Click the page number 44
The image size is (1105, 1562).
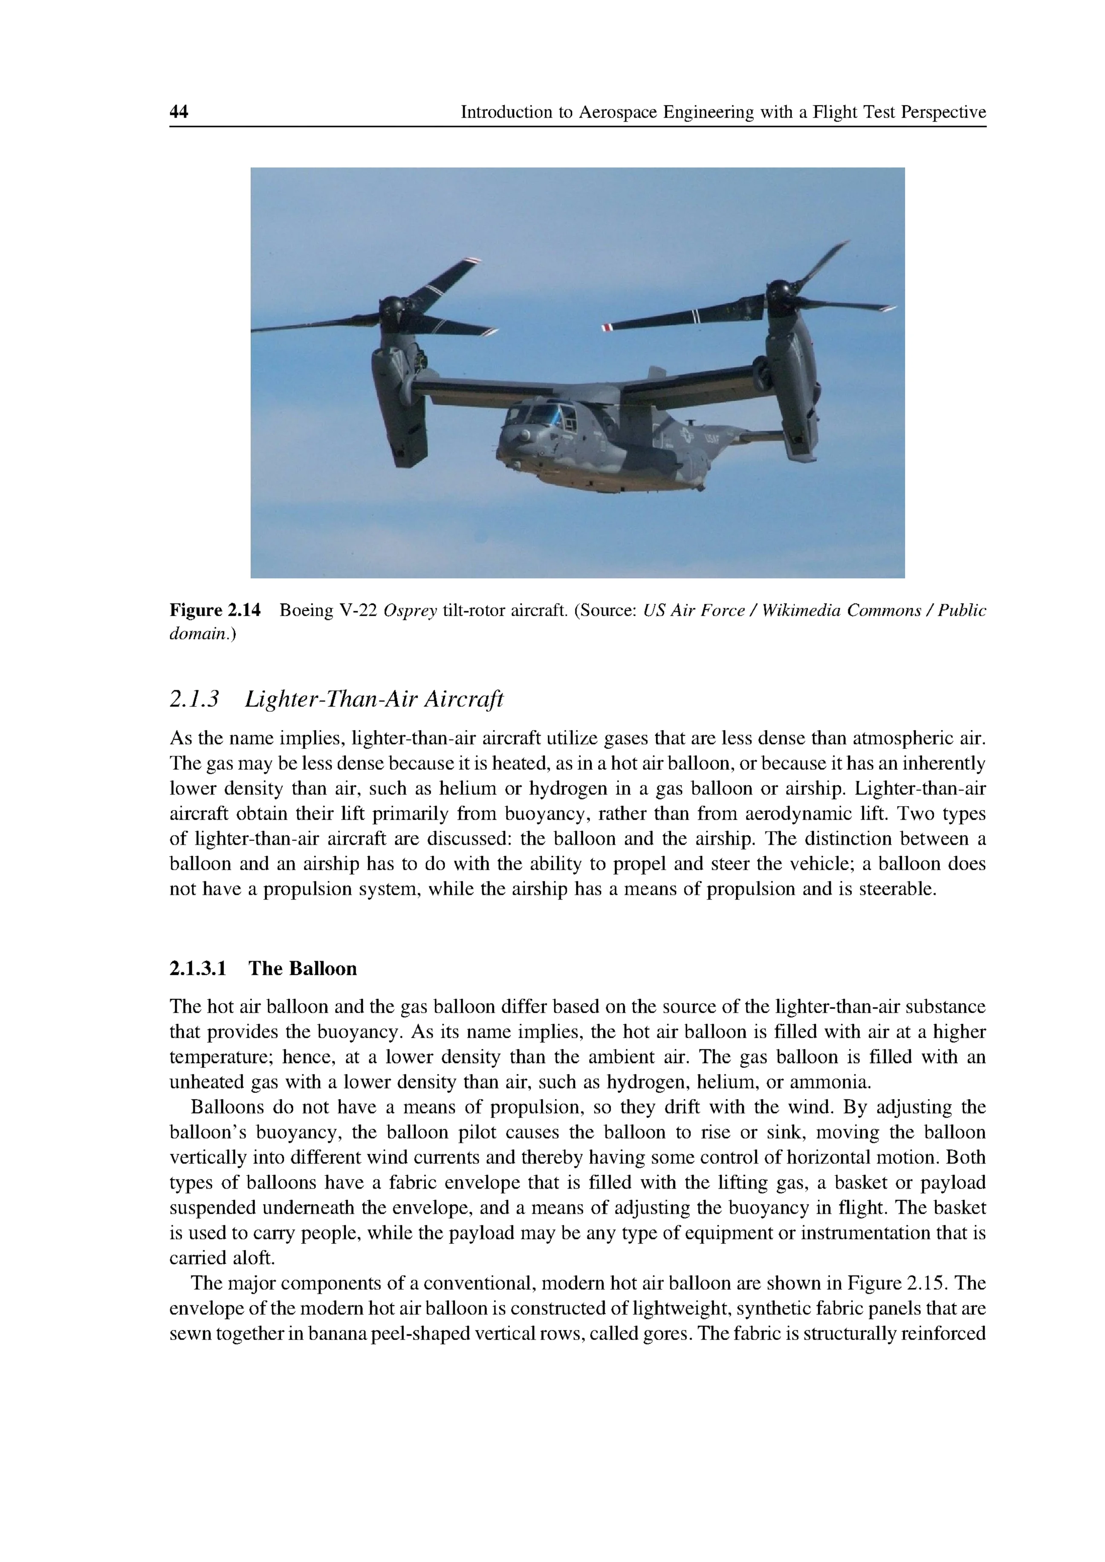[179, 112]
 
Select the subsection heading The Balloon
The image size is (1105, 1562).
[302, 969]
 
